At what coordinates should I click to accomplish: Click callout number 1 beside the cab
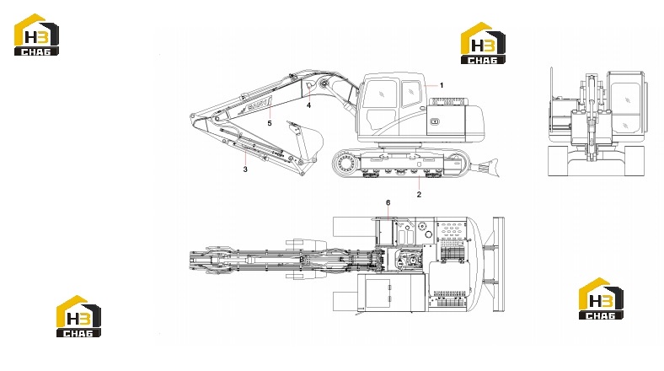pyautogui.click(x=442, y=85)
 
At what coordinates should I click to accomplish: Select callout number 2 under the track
pyautogui.click(x=419, y=195)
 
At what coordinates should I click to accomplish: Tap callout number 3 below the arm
pyautogui.click(x=245, y=169)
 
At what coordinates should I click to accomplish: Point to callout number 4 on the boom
pyautogui.click(x=308, y=105)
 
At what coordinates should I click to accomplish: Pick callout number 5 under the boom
pyautogui.click(x=270, y=123)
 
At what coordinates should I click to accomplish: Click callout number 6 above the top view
pyautogui.click(x=388, y=203)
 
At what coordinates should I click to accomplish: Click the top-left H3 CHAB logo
pyautogui.click(x=36, y=35)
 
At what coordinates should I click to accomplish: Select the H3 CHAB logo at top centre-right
pyautogui.click(x=483, y=43)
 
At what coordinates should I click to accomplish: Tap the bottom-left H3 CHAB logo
pyautogui.click(x=78, y=316)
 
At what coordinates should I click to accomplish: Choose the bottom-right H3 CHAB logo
pyautogui.click(x=601, y=298)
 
